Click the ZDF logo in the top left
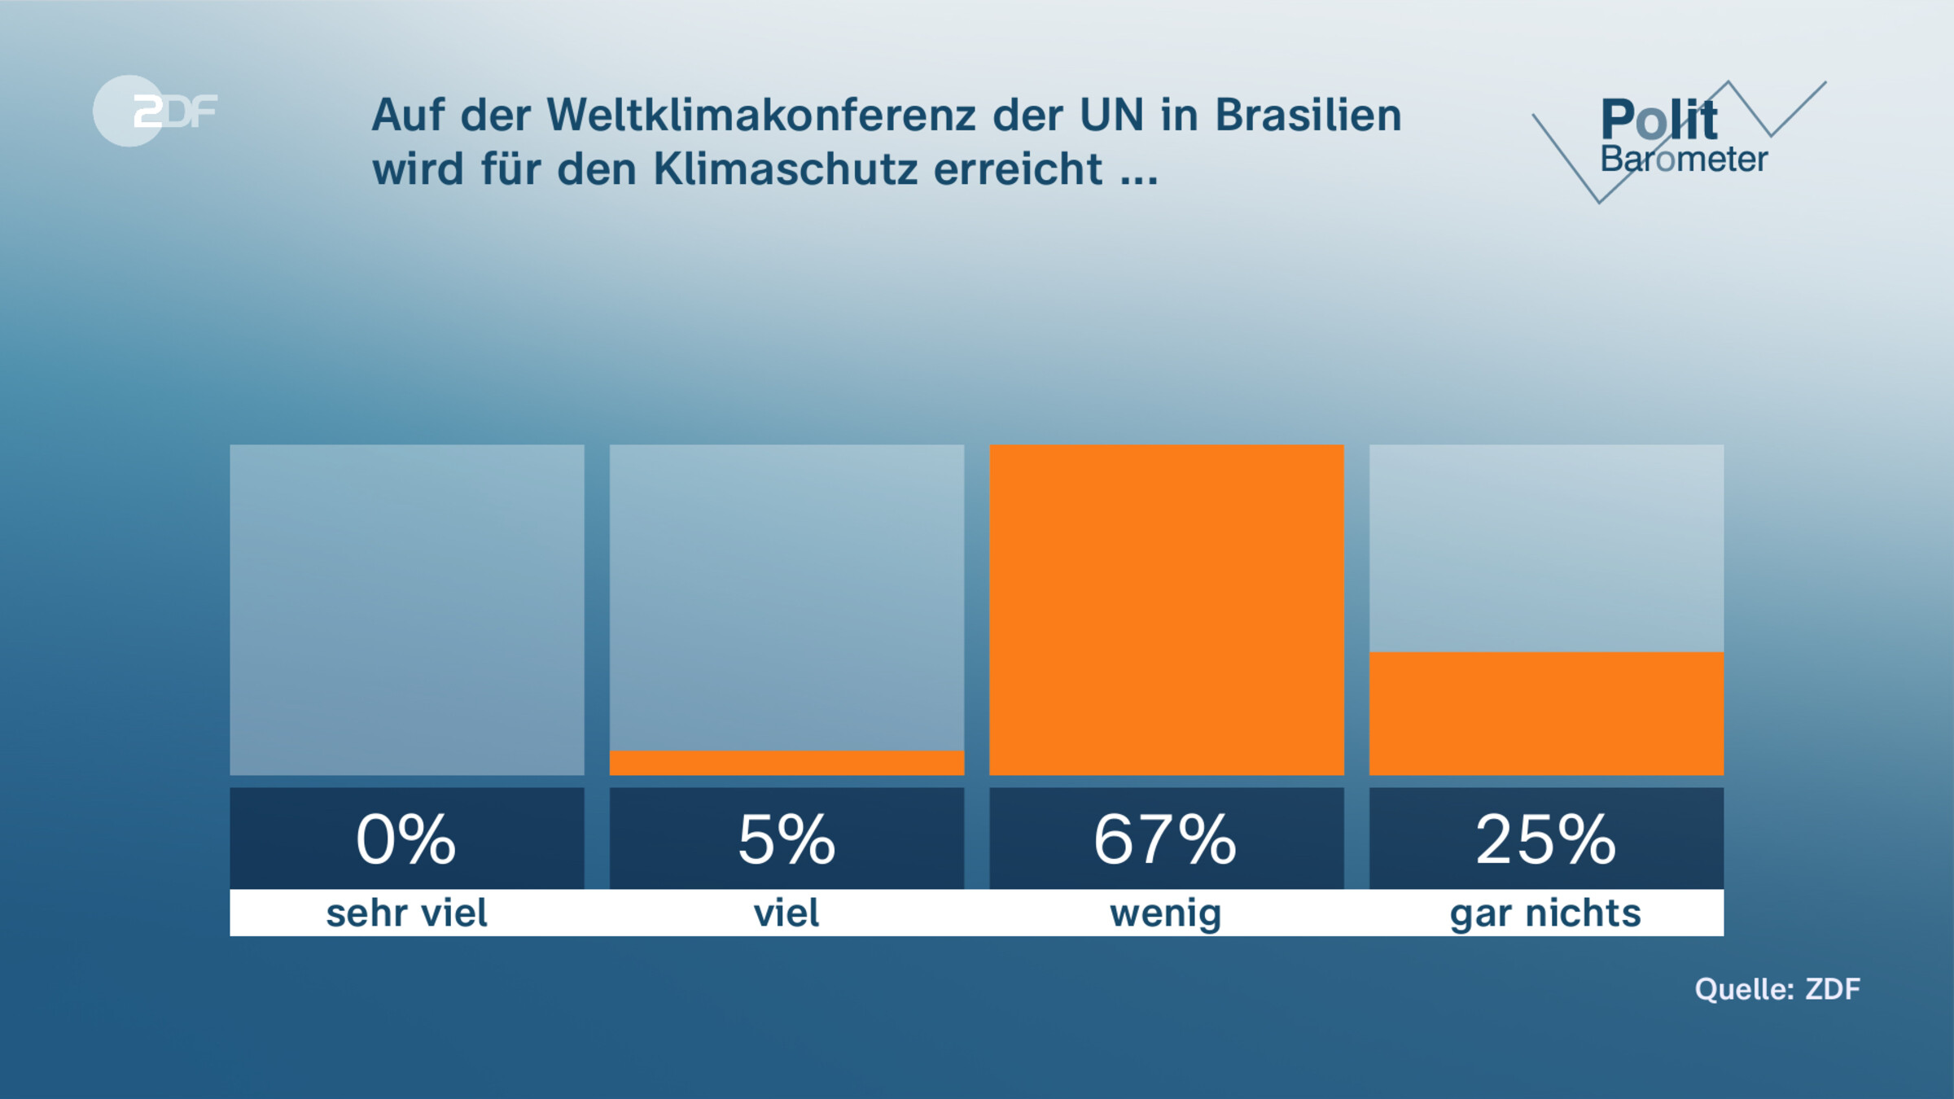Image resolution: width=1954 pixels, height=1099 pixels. click(155, 111)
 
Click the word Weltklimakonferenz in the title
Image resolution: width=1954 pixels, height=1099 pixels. click(761, 115)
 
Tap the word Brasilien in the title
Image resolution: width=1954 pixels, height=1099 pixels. click(1308, 115)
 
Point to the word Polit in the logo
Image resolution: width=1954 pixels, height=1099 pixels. click(1658, 120)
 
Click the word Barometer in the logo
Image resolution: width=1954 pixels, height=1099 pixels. click(1684, 160)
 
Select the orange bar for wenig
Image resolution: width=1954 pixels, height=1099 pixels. click(1166, 609)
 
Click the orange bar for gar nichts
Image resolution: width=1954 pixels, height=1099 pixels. click(1545, 713)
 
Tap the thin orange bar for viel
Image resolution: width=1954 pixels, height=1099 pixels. click(786, 763)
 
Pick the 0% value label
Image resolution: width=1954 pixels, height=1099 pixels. click(406, 839)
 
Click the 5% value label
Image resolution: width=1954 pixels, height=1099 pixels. click(786, 839)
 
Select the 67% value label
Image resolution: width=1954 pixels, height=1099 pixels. click(1165, 839)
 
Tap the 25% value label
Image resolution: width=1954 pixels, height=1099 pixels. click(1545, 839)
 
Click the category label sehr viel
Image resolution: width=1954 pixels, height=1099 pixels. click(406, 913)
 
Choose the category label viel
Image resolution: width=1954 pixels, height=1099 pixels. click(786, 913)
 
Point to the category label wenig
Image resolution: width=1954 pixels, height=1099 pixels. click(1165, 913)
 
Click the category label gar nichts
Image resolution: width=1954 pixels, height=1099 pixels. click(1545, 913)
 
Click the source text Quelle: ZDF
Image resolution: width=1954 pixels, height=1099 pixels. click(1777, 989)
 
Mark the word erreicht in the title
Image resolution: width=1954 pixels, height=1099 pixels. click(1018, 169)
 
